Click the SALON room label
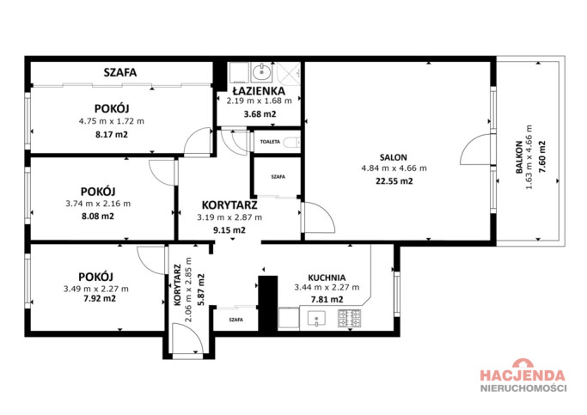coord(393,157)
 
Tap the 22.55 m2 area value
coord(394,181)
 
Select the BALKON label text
coord(519,157)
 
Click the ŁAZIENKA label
coord(259,91)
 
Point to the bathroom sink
coord(261,72)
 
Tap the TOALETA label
coord(270,142)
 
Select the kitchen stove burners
coord(349,319)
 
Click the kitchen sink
coord(316,320)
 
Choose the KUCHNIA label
coord(327,278)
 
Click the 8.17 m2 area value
coord(112,134)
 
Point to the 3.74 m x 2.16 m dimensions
coord(98,204)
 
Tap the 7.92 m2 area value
coord(99,299)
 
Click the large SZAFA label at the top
coord(120,72)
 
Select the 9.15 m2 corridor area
coord(229,230)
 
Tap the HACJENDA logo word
coord(523,375)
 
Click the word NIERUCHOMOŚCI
coord(523,388)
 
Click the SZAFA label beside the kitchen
coord(235,320)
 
